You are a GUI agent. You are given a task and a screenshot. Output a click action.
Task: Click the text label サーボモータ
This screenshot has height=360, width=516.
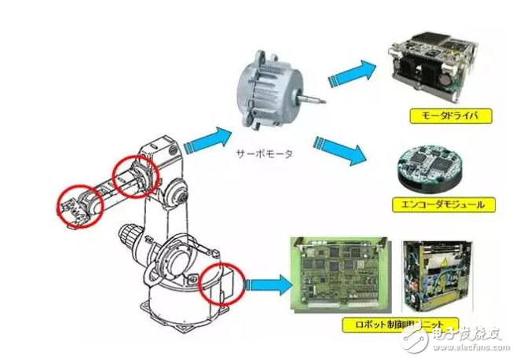(x=264, y=154)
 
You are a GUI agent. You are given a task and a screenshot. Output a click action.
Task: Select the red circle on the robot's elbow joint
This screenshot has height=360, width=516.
(x=136, y=177)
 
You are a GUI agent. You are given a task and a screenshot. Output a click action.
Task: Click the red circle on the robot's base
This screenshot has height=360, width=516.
(x=224, y=283)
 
